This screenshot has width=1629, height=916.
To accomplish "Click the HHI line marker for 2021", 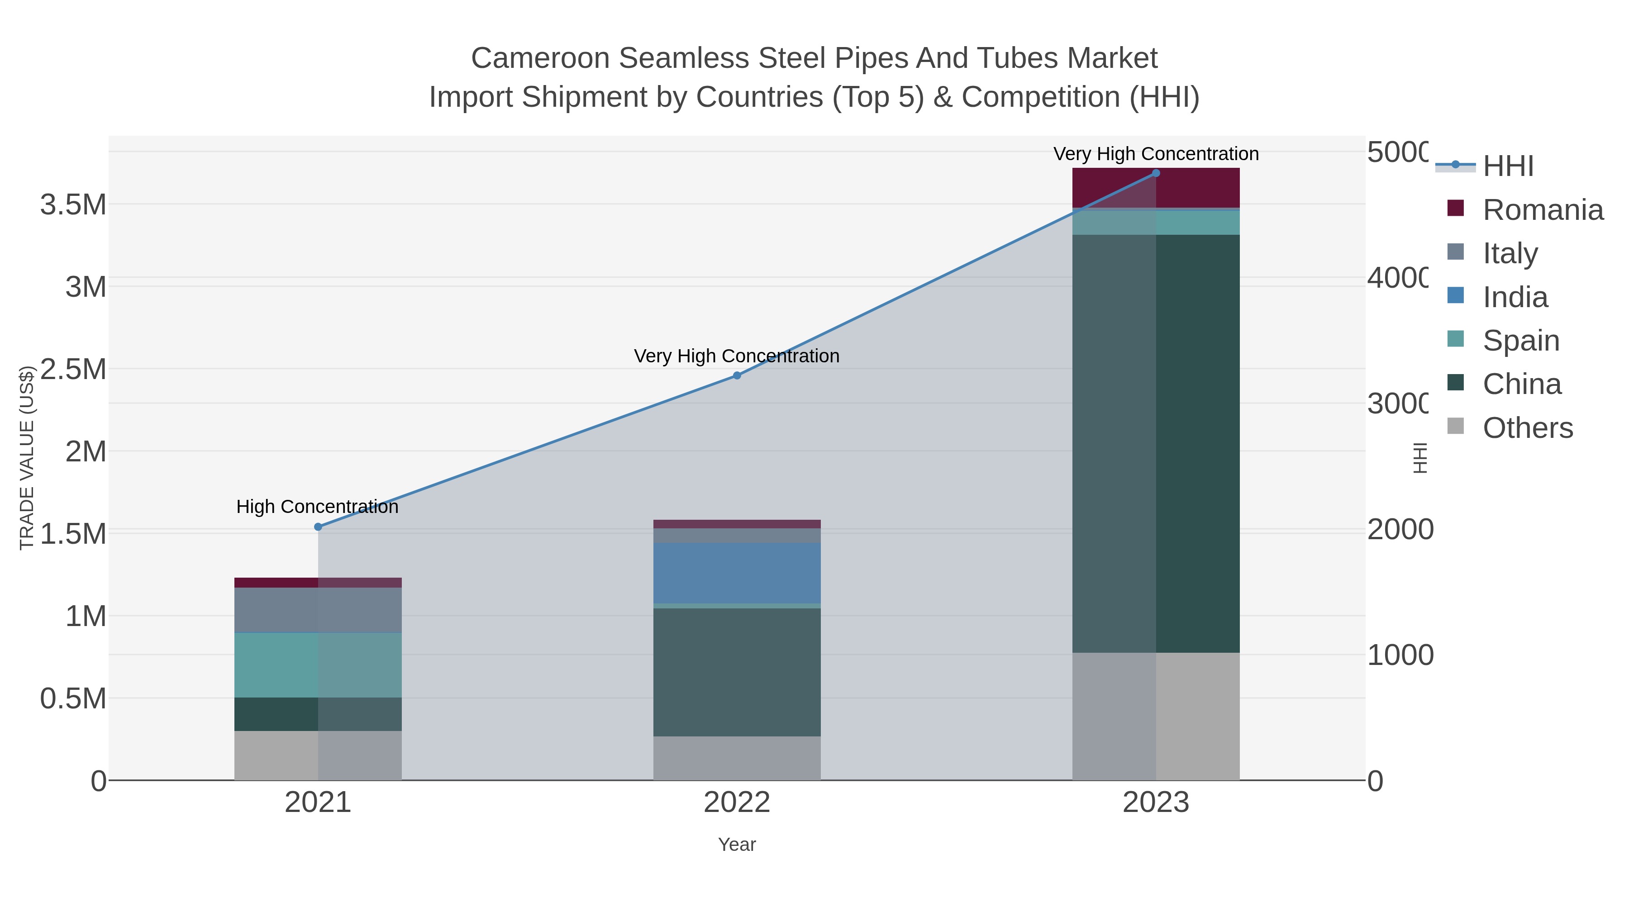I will (318, 527).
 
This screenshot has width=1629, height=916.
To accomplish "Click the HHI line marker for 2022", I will (737, 375).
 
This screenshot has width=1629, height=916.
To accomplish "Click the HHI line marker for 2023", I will (1156, 173).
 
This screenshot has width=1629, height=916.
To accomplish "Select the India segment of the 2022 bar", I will (737, 573).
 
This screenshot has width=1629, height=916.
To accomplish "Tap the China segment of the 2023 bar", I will (1156, 442).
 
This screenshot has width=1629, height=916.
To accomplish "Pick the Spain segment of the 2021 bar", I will (318, 665).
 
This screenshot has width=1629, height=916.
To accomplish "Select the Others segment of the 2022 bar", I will (737, 758).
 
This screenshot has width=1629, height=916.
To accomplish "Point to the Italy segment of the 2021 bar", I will (318, 610).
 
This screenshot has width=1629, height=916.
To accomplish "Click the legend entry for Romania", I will (1543, 210).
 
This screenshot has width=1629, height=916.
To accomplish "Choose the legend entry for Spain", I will (1521, 341).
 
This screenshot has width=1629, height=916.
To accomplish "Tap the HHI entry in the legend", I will (1508, 166).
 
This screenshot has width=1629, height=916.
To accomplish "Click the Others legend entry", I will (1527, 428).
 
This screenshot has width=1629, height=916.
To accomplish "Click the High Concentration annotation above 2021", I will (318, 507).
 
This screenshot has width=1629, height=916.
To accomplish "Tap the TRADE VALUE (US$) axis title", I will (27, 458).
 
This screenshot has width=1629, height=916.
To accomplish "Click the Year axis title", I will (737, 845).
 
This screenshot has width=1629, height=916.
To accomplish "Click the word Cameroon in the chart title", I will (541, 58).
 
